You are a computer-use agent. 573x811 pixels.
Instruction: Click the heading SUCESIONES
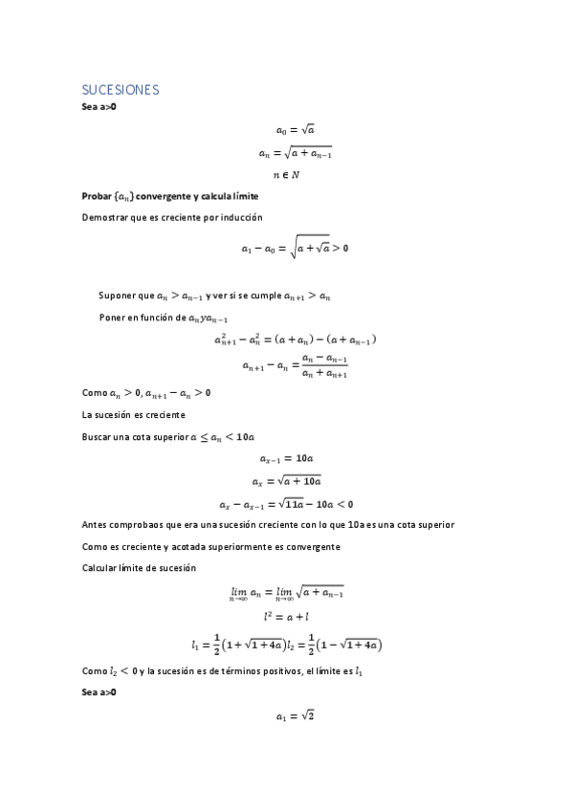(x=120, y=90)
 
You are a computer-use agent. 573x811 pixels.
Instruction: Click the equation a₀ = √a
(x=295, y=129)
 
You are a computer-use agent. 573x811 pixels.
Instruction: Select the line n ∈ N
(x=286, y=174)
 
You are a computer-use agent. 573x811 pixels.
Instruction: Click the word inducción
(x=239, y=217)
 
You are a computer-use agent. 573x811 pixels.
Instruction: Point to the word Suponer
(x=116, y=296)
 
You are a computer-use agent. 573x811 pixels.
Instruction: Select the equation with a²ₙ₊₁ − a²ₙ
(x=295, y=340)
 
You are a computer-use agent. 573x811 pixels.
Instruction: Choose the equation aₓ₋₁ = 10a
(x=295, y=459)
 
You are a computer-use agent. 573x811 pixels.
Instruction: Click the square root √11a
(x=287, y=503)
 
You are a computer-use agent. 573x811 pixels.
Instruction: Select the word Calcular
(x=99, y=568)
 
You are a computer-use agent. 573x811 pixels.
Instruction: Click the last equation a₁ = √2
(x=295, y=714)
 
